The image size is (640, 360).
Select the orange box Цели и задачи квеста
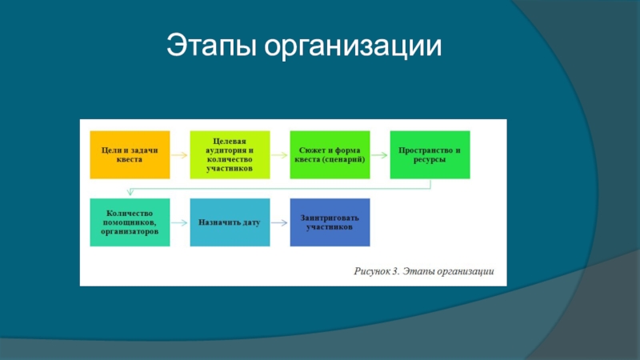[x=130, y=154]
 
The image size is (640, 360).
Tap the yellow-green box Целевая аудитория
[x=230, y=154]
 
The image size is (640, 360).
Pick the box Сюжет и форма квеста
[x=330, y=154]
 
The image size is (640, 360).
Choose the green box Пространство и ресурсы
[x=430, y=154]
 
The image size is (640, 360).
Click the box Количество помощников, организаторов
[x=130, y=222]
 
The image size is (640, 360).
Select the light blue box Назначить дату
[x=230, y=222]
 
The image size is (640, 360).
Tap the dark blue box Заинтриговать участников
[x=330, y=222]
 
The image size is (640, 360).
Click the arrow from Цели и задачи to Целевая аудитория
[x=180, y=154]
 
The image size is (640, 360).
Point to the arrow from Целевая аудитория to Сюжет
[x=280, y=154]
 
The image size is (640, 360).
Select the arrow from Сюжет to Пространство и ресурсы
[x=380, y=154]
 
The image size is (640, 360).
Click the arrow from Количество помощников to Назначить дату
[x=180, y=222]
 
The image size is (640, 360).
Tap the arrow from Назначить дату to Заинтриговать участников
[x=280, y=222]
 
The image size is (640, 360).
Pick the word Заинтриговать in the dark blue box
[x=330, y=218]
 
